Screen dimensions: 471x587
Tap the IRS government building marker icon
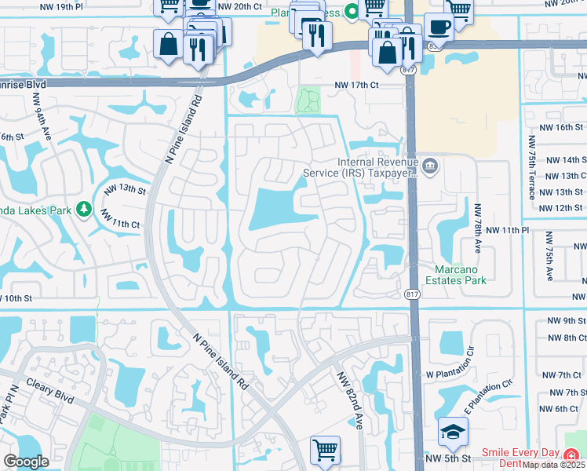[x=431, y=166]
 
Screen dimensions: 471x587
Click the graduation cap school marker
[x=451, y=431]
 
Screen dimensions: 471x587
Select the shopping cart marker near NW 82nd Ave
[x=325, y=450]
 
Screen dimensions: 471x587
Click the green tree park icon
[x=82, y=210]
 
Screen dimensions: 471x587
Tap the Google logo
[x=26, y=462]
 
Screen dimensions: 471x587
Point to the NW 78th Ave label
[x=477, y=228]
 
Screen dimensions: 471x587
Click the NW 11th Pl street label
[x=508, y=229]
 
